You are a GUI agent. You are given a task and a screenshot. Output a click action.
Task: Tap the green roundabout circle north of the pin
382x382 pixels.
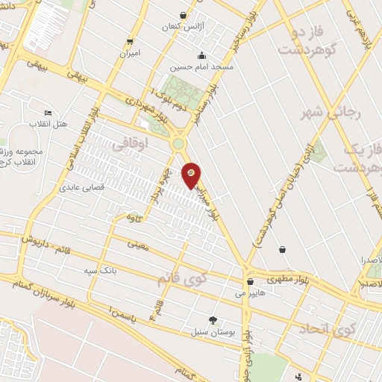click(179, 143)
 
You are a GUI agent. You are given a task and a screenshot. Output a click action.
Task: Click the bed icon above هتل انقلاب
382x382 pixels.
click(48, 112)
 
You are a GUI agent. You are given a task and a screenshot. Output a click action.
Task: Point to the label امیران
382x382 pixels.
click(130, 54)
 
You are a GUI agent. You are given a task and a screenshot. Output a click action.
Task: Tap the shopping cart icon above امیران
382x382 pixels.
click(131, 41)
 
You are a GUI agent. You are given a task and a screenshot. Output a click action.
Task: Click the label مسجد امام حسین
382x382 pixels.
click(201, 66)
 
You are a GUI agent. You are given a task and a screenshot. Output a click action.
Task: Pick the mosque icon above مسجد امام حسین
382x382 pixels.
click(201, 55)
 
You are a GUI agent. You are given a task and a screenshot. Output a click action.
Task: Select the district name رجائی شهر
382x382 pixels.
click(322, 113)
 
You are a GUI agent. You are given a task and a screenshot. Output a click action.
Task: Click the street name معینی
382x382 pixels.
click(139, 243)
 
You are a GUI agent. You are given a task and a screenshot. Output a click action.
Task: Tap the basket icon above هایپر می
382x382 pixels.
click(249, 282)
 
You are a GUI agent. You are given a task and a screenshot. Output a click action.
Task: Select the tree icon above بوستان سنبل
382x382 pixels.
click(213, 319)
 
